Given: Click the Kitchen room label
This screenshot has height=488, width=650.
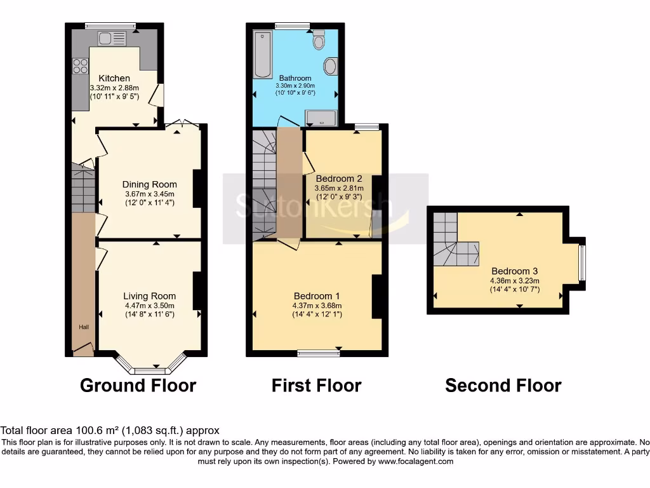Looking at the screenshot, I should (114, 78).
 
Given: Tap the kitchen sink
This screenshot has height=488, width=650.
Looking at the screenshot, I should (112, 38).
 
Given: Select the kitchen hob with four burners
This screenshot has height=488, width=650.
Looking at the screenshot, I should (81, 66).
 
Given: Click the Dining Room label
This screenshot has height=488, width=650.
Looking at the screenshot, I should (149, 184).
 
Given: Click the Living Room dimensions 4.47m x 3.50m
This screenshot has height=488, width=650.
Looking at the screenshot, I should (149, 305).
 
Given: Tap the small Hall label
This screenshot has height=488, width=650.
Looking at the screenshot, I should (83, 327).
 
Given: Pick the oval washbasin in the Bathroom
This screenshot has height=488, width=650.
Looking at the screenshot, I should (331, 65).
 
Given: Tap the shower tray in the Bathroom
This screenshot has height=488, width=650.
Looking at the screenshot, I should (321, 117).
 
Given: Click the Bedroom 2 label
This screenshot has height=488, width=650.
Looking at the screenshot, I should (339, 179).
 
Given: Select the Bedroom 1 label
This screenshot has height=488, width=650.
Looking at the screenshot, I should (317, 295).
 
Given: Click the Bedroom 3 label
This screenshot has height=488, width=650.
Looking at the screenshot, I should (514, 271).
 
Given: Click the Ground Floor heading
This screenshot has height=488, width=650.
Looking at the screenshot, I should (138, 385).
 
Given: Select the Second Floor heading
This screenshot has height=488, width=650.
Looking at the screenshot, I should (503, 385).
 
